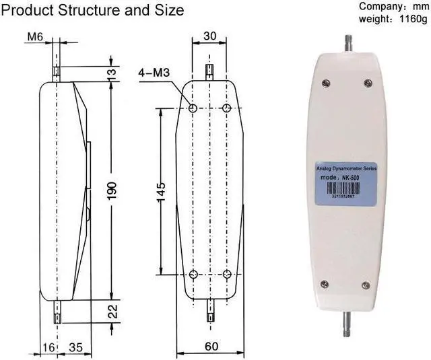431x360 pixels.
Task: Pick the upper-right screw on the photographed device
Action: point(368,83)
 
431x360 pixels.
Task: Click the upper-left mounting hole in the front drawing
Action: point(193,108)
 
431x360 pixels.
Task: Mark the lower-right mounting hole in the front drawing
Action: point(227,274)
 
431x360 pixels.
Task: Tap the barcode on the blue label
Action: point(346,190)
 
